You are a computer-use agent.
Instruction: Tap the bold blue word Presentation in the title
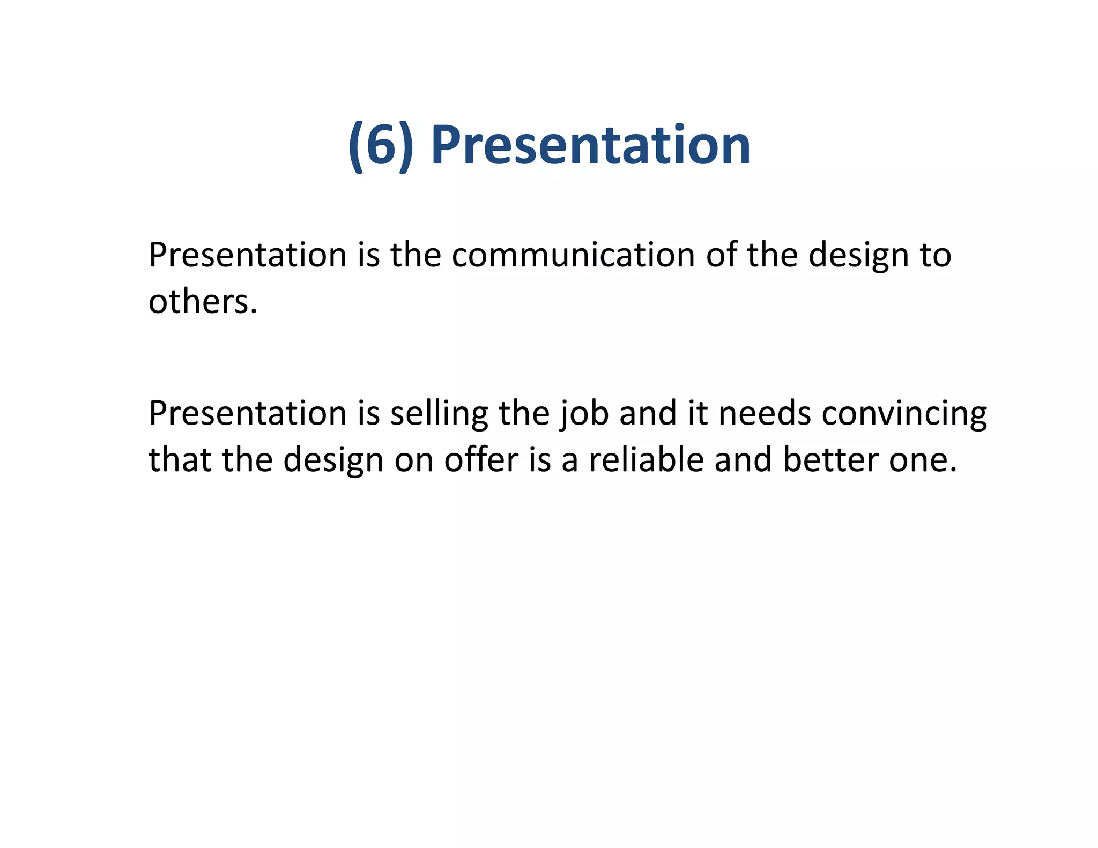click(590, 145)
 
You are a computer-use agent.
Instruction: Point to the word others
click(203, 301)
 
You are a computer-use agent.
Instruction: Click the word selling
click(439, 414)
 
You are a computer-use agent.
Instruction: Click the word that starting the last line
click(180, 460)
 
